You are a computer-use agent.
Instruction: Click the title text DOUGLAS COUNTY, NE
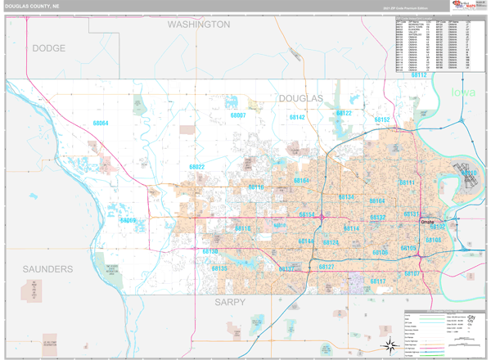31,6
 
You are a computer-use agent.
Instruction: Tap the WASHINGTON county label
199,25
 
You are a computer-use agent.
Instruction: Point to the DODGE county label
48,49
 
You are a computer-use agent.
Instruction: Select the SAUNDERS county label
47,269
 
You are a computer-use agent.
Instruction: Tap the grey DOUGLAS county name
300,98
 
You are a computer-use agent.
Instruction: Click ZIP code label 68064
100,124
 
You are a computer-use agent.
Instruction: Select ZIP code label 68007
238,116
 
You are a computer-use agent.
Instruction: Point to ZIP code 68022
197,168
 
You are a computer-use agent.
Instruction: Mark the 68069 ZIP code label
128,221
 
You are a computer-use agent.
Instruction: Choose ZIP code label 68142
297,118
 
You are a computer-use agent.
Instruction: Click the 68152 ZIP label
382,120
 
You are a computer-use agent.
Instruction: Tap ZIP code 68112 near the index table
419,75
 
